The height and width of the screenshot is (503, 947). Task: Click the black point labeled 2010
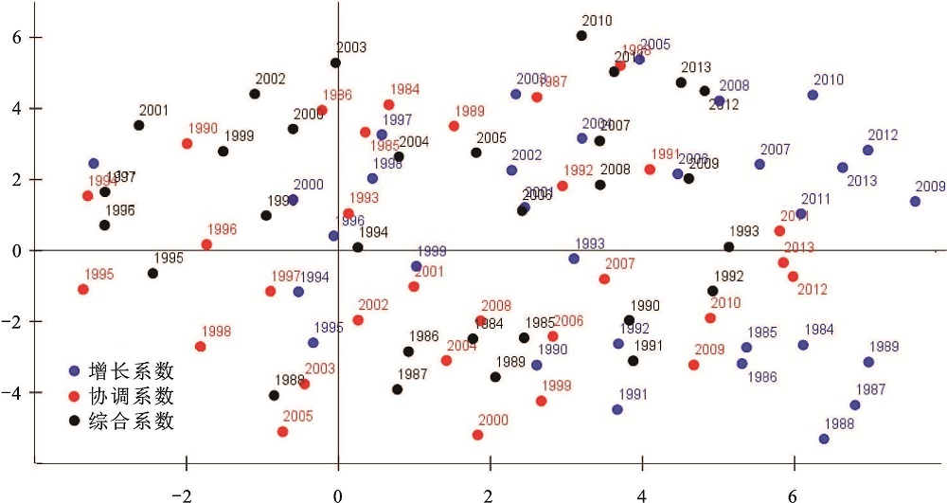(x=581, y=36)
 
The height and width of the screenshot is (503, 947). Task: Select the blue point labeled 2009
(x=915, y=202)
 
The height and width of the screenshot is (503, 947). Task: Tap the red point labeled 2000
(x=477, y=435)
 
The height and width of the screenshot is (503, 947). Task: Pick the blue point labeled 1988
(x=824, y=439)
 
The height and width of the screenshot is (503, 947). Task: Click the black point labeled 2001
(x=139, y=125)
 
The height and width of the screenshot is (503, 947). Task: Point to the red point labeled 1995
(x=83, y=289)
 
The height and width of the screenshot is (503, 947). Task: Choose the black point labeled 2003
(x=335, y=63)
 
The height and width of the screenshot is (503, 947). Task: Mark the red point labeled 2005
(x=282, y=432)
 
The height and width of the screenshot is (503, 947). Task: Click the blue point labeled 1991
(x=617, y=410)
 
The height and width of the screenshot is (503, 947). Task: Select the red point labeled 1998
(x=201, y=347)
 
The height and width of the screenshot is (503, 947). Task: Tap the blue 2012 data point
(x=867, y=151)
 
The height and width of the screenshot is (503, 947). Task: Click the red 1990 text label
(x=203, y=129)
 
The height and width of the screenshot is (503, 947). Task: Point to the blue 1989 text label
(x=884, y=347)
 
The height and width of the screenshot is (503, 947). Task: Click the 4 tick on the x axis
(x=642, y=494)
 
